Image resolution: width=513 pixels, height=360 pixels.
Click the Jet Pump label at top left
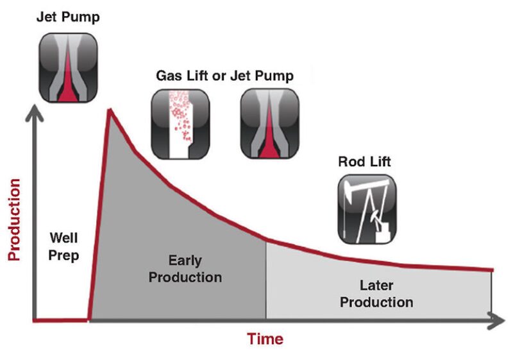point(68,17)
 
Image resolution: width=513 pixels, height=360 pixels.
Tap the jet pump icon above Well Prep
point(69,67)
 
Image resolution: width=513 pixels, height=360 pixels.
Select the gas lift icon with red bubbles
point(180,123)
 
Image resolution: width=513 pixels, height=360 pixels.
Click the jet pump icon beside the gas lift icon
point(269,123)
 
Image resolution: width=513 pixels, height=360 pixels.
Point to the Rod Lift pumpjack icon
point(367,209)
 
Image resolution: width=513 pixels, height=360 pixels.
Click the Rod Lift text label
point(364,162)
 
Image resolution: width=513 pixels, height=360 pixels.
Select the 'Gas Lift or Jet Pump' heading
point(224,76)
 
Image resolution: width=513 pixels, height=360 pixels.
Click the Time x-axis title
point(265,339)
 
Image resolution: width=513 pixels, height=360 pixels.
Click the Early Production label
point(185,269)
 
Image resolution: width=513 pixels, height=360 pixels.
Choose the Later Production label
point(376,294)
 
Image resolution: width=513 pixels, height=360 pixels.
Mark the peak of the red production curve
point(110,110)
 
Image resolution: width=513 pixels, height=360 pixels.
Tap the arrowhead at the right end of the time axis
point(498,320)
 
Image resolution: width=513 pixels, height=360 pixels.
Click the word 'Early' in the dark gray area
point(185,261)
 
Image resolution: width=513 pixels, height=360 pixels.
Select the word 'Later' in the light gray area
point(376,286)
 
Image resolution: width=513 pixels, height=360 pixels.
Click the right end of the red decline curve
point(492,270)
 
